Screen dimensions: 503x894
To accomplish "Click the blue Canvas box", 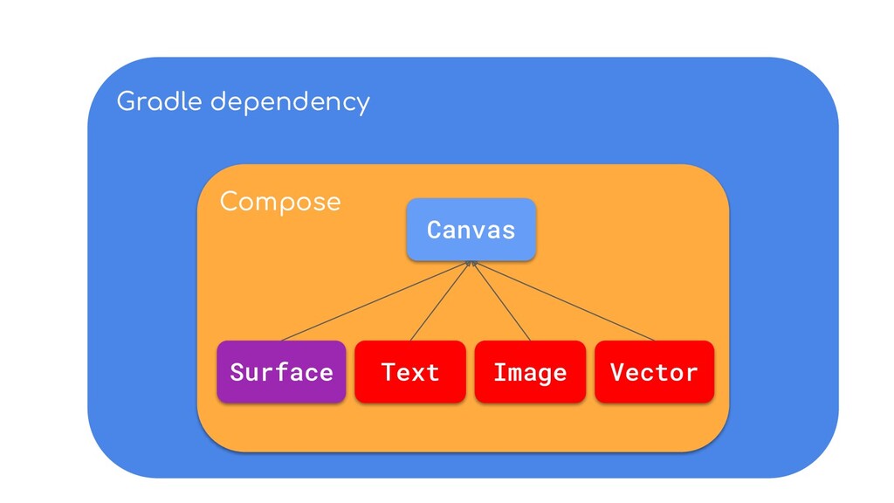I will click(471, 230).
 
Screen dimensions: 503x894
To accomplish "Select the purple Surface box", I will click(281, 372).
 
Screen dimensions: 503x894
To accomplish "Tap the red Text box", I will click(409, 372).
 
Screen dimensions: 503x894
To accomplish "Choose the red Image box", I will click(530, 372).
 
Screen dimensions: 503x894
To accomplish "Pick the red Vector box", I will click(654, 372).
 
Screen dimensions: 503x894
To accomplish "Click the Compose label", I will click(279, 203).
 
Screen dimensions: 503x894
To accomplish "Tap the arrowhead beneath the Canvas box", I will click(471, 263).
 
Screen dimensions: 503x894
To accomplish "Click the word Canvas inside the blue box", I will click(471, 230).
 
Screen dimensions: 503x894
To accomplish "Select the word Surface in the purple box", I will click(281, 373).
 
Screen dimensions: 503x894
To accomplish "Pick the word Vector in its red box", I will click(654, 373).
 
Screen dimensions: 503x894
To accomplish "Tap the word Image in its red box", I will click(530, 373).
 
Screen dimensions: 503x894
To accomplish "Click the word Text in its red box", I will click(409, 373).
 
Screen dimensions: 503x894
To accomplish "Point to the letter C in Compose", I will click(229, 202).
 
